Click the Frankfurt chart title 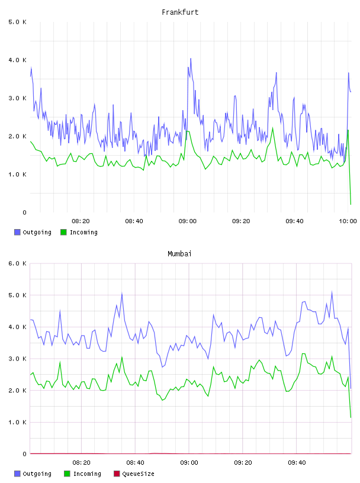pyautogui.click(x=180, y=12)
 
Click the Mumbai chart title pyautogui.click(x=179, y=254)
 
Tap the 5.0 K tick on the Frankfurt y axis pyautogui.click(x=17, y=22)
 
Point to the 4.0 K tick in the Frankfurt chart pyautogui.click(x=17, y=60)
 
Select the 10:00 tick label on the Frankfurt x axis pyautogui.click(x=348, y=221)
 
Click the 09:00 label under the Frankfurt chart pyautogui.click(x=187, y=221)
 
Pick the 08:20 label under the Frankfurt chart pyautogui.click(x=81, y=221)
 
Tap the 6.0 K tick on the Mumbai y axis pyautogui.click(x=17, y=263)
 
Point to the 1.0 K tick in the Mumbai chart pyautogui.click(x=17, y=422)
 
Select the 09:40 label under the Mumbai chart pyautogui.click(x=297, y=463)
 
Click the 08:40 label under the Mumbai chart pyautogui.click(x=136, y=463)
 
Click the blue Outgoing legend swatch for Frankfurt pyautogui.click(x=17, y=232)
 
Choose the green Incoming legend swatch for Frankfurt pyautogui.click(x=63, y=232)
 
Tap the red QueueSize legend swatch pyautogui.click(x=117, y=474)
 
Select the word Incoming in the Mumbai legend pyautogui.click(x=87, y=474)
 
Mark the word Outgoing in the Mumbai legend pyautogui.click(x=37, y=474)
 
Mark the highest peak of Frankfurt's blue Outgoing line pyautogui.click(x=191, y=58)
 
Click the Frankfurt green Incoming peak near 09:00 pyautogui.click(x=187, y=131)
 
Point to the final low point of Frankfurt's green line pyautogui.click(x=351, y=204)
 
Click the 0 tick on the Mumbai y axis pyautogui.click(x=24, y=454)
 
